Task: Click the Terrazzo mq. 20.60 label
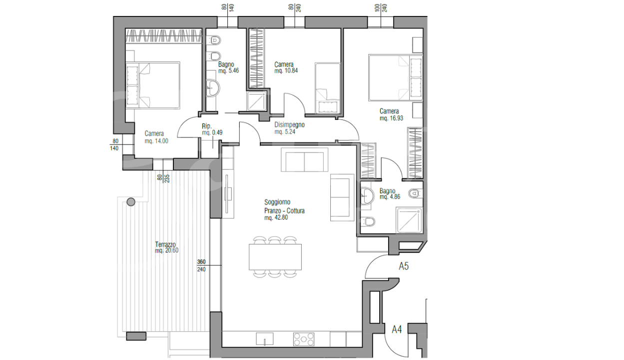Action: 166,247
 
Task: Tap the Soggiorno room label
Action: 277,202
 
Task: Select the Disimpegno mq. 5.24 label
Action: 289,128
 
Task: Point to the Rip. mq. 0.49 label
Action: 212,129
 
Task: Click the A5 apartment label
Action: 404,266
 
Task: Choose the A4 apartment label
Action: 397,329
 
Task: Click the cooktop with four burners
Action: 304,339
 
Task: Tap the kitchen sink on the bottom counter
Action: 265,339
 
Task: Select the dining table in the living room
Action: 275,257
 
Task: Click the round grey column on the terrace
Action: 131,202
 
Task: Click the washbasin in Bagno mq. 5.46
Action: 213,88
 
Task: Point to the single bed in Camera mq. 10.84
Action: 328,88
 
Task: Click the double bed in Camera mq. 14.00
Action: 153,85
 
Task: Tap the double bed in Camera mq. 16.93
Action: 395,77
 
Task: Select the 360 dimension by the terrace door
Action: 201,261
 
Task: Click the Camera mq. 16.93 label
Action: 391,114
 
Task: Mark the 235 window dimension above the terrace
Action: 167,178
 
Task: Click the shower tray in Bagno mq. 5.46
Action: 257,101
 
